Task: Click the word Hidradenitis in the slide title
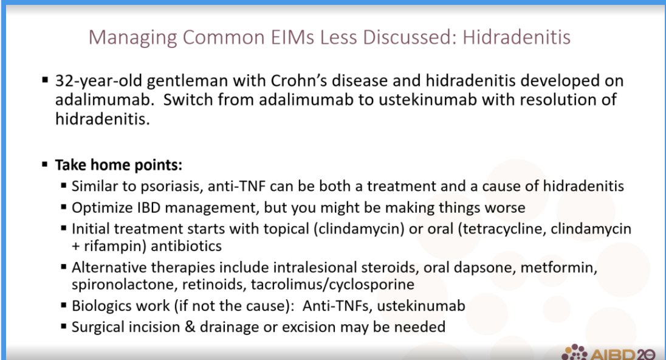(x=517, y=38)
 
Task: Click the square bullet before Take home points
(x=45, y=165)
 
